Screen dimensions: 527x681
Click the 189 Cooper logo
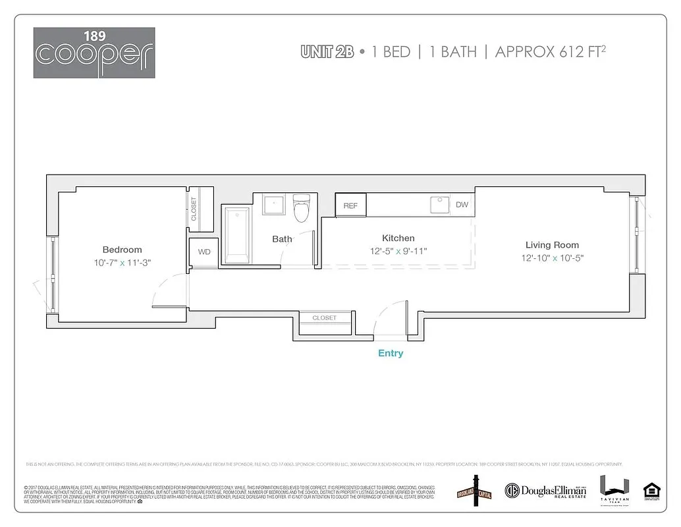(x=94, y=52)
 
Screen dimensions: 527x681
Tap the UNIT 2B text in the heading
(x=327, y=52)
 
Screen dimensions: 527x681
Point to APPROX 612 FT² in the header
(x=550, y=51)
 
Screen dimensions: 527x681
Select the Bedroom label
(x=122, y=250)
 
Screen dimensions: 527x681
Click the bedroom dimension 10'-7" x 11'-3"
(x=122, y=263)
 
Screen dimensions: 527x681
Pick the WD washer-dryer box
(x=204, y=252)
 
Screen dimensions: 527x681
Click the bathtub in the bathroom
(x=236, y=235)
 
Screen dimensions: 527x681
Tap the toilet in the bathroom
(x=302, y=208)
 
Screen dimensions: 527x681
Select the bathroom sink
(x=273, y=204)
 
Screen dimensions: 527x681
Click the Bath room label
(x=282, y=238)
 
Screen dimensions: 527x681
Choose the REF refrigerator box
(x=350, y=206)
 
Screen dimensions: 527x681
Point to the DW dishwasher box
(x=462, y=205)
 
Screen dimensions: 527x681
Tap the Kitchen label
(x=398, y=238)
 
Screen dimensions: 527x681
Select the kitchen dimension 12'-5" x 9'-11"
(x=398, y=251)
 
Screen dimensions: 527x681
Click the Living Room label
(x=552, y=245)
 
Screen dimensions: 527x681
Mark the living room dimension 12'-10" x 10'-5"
(x=552, y=258)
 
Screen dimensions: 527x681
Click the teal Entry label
(x=391, y=353)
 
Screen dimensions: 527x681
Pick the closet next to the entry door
(x=324, y=318)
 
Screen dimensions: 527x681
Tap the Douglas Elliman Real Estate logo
(x=545, y=490)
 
